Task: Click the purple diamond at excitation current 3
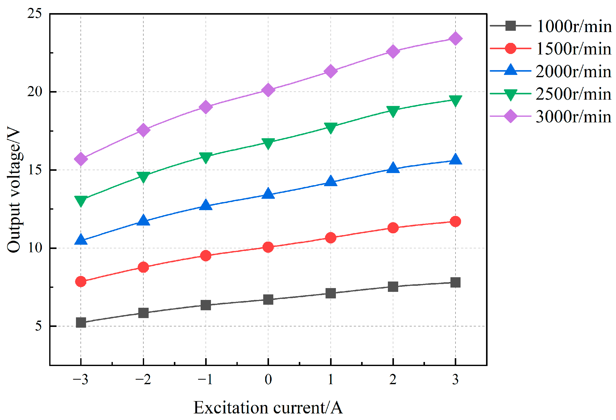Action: click(x=455, y=39)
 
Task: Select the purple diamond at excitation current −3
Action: click(x=81, y=159)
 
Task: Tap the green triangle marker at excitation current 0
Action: click(x=268, y=143)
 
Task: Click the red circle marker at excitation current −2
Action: click(x=143, y=267)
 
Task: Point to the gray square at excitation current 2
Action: click(x=393, y=287)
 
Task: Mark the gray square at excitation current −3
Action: click(x=81, y=323)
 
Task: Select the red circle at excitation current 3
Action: click(x=455, y=221)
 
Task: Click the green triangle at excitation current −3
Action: click(x=81, y=201)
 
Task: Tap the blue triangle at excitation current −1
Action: click(x=206, y=205)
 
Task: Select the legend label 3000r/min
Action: click(x=573, y=117)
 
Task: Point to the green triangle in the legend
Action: click(x=510, y=94)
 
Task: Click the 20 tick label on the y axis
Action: click(x=35, y=92)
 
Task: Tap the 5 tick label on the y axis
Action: click(x=38, y=326)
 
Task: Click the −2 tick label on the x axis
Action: click(x=143, y=380)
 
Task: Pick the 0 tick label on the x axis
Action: click(x=268, y=380)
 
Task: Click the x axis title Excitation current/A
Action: click(x=268, y=408)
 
